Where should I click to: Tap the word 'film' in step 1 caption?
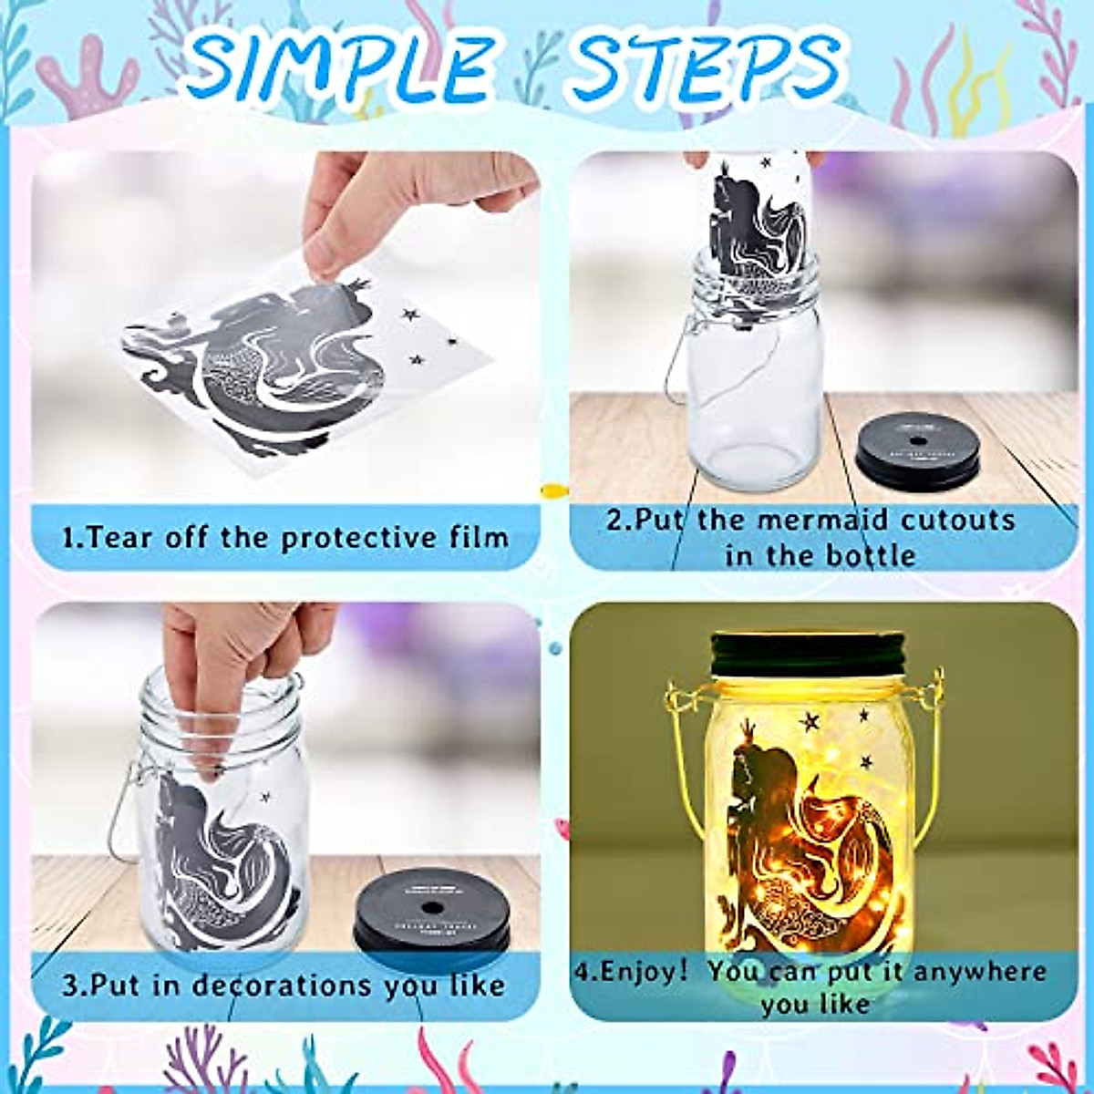tap(480, 537)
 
